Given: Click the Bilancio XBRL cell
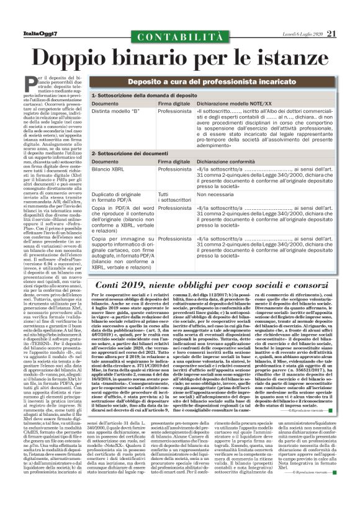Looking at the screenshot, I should click(108, 169).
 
